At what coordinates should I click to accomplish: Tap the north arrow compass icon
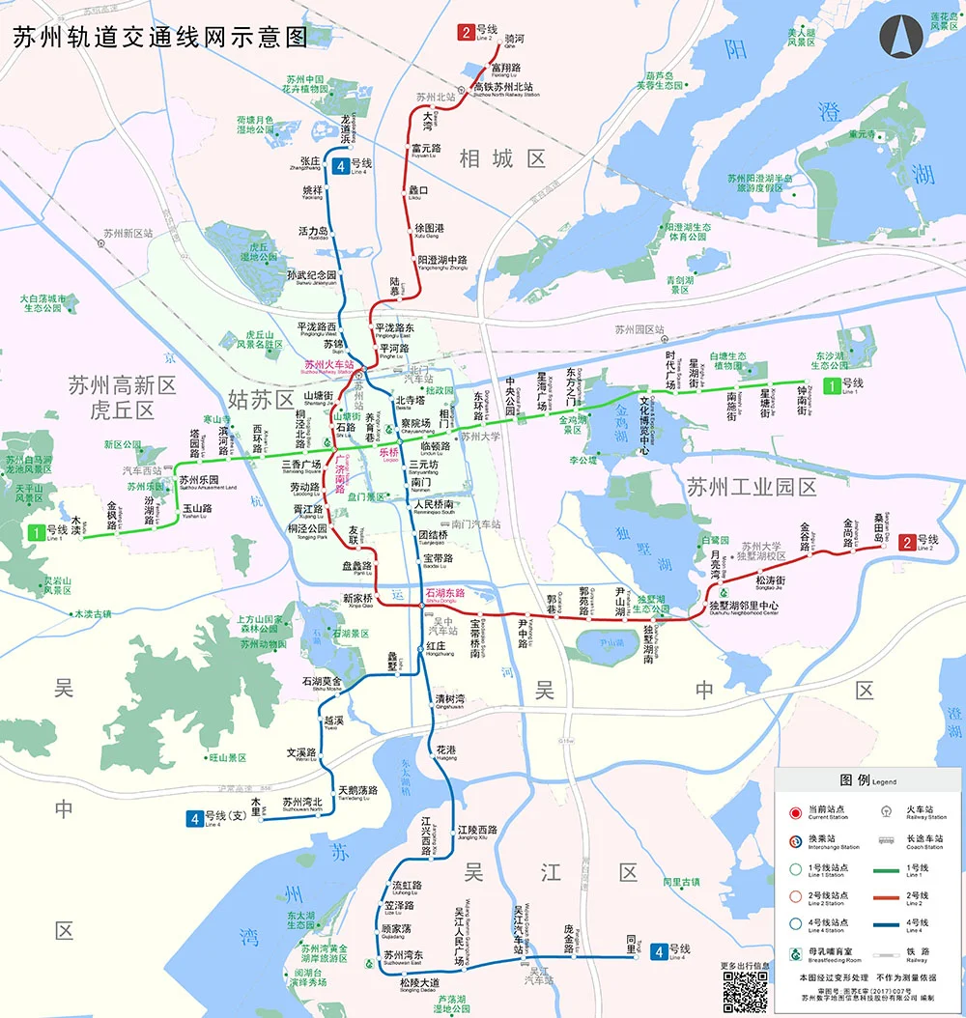897,39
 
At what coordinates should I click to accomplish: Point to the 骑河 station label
515,40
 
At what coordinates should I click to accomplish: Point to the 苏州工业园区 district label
752,487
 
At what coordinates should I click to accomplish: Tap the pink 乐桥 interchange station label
389,453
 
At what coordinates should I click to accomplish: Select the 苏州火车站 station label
328,365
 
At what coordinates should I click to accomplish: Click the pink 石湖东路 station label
445,592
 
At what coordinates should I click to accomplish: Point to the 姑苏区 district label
260,399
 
